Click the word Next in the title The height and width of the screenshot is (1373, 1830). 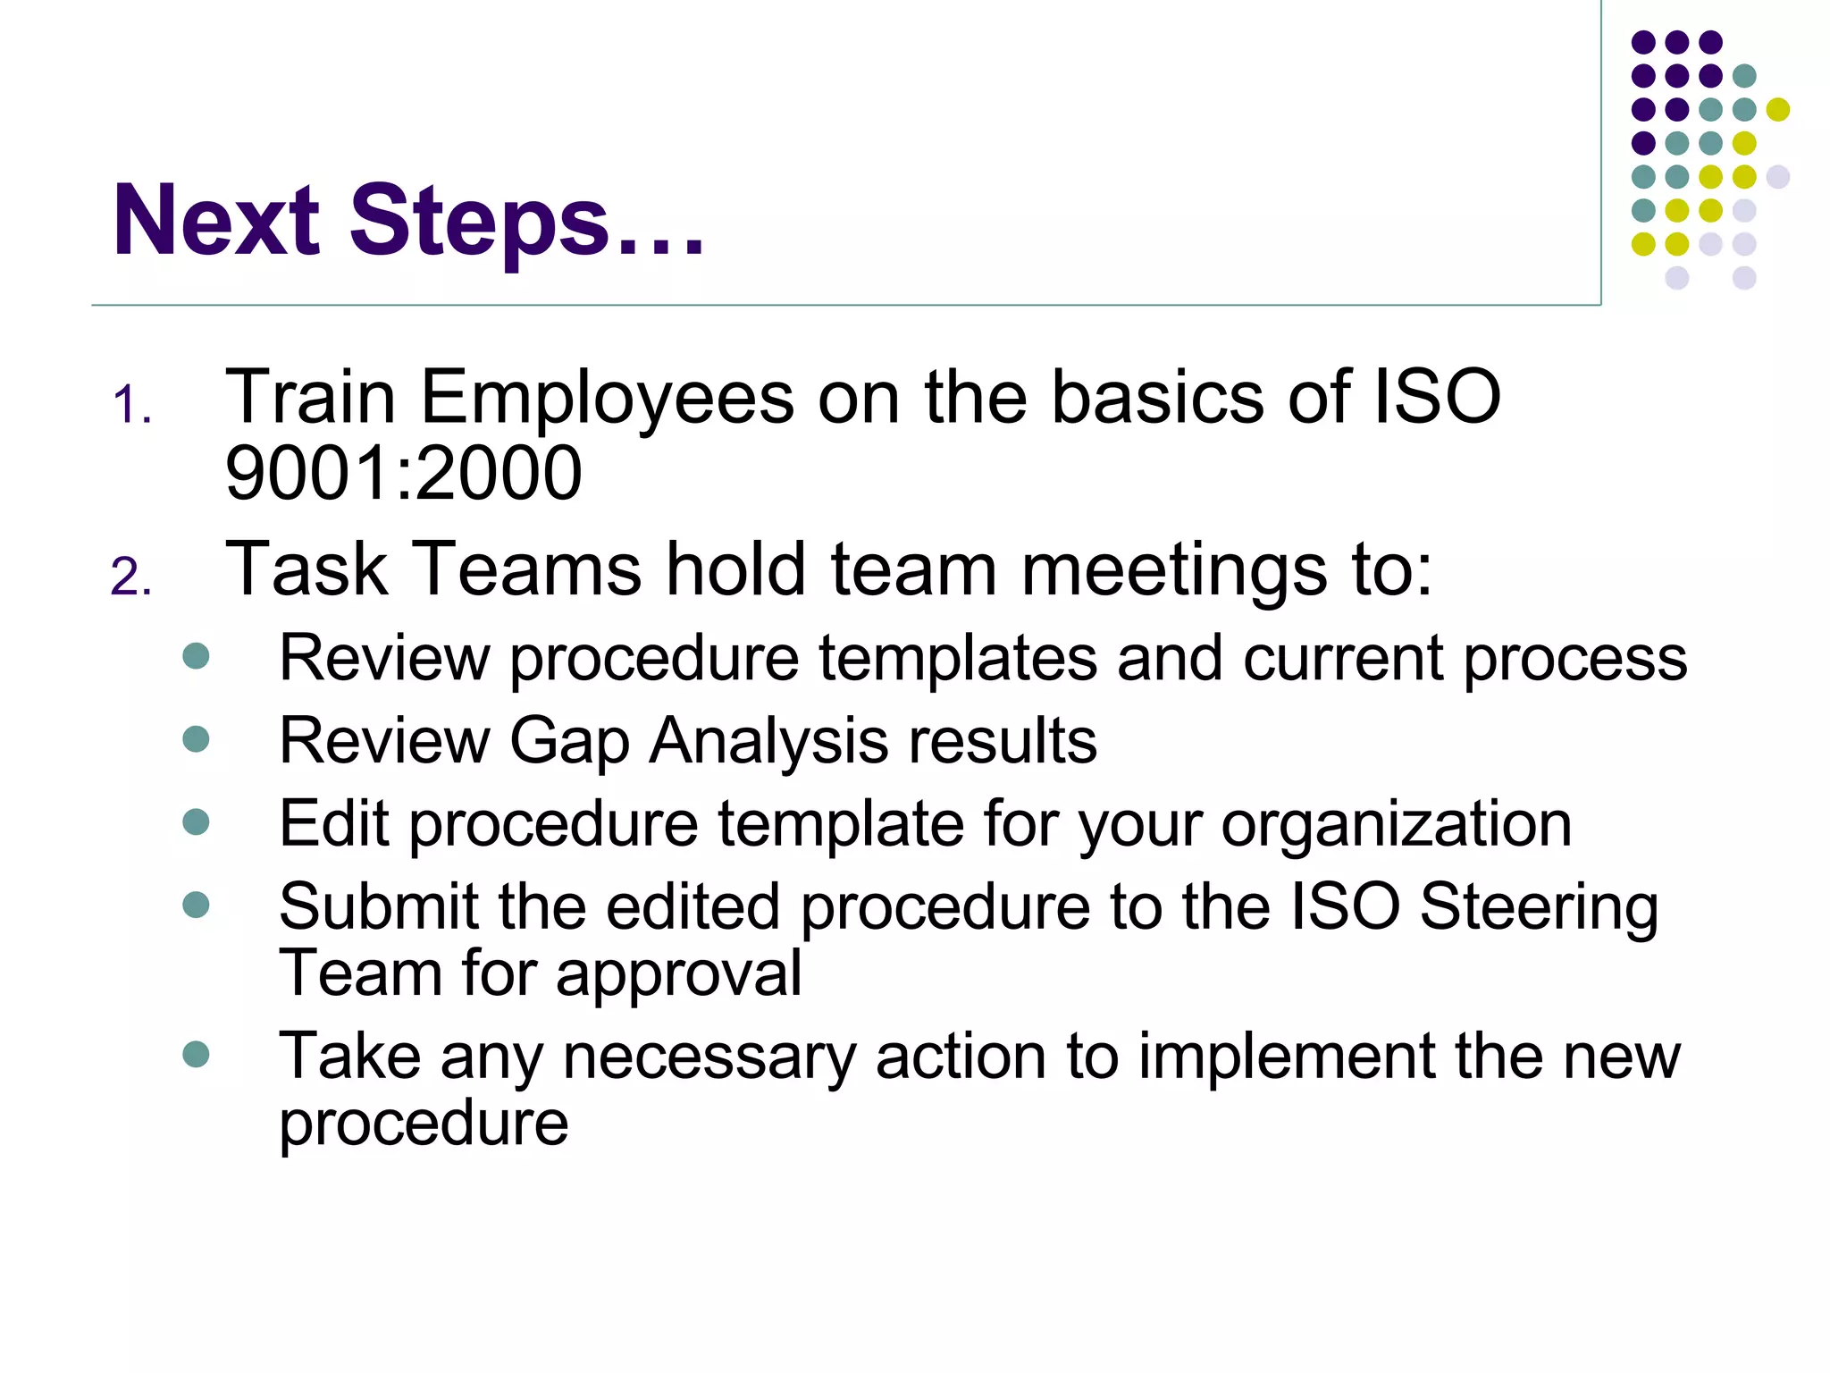click(x=216, y=221)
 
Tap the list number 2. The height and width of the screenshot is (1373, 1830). click(x=130, y=577)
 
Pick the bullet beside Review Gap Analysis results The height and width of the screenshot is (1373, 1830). click(x=196, y=739)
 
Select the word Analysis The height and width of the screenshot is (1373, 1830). click(x=768, y=742)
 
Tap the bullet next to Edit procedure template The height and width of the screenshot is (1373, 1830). click(x=196, y=821)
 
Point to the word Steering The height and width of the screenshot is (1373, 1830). click(x=1539, y=908)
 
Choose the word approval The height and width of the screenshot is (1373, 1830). click(x=678, y=974)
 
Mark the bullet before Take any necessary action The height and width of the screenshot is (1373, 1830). click(x=196, y=1054)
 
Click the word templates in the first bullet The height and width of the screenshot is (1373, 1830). click(x=957, y=659)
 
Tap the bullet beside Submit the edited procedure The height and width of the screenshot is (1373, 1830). click(x=196, y=905)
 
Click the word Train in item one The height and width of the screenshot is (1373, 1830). click(x=310, y=398)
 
